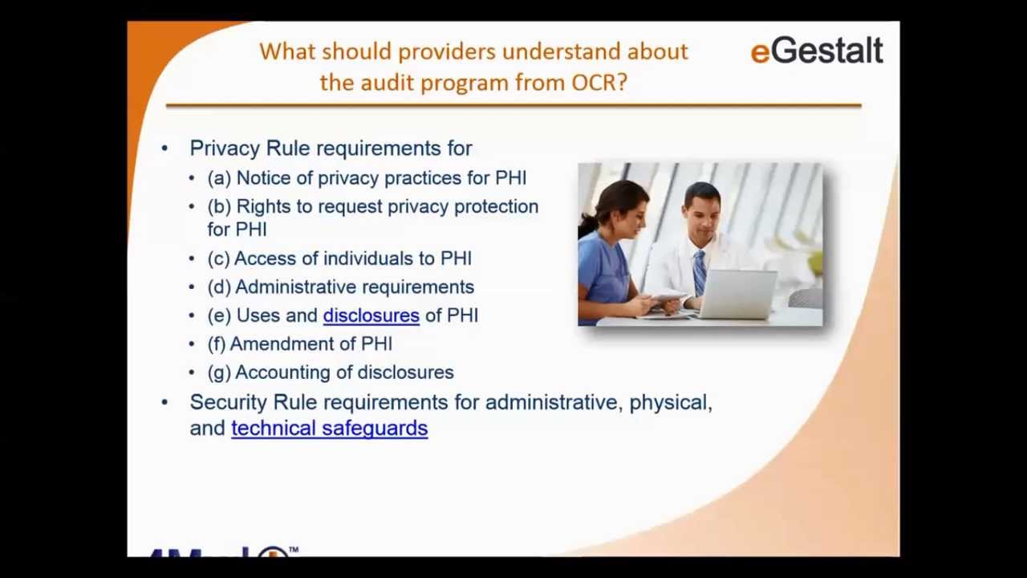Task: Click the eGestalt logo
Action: click(x=816, y=51)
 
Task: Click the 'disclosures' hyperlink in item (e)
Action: click(x=371, y=315)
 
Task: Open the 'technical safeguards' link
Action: click(x=329, y=428)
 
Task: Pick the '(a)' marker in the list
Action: click(x=218, y=178)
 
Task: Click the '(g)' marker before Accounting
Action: click(x=218, y=372)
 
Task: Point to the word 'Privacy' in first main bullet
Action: click(x=225, y=149)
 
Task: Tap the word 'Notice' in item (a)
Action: click(x=261, y=178)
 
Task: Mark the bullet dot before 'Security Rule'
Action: click(x=164, y=401)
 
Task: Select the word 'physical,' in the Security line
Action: click(x=670, y=403)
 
